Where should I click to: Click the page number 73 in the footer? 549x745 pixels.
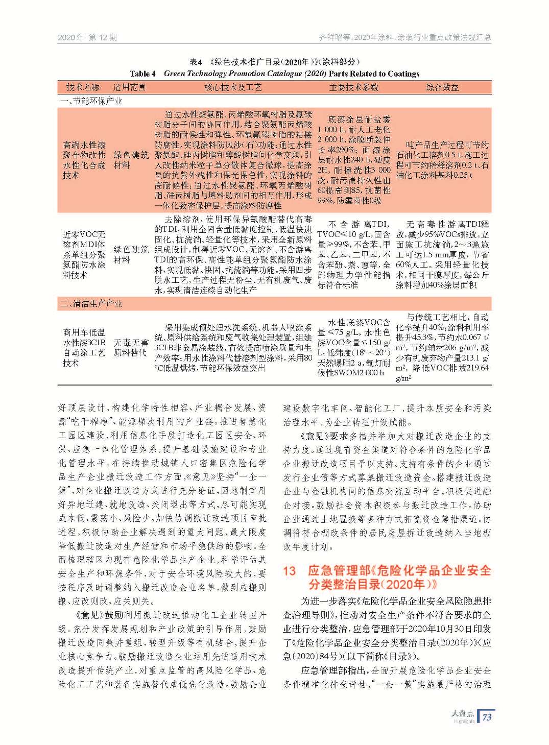[x=487, y=716]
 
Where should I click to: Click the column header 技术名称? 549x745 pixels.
[x=83, y=87]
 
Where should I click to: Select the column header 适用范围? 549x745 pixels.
[x=129, y=87]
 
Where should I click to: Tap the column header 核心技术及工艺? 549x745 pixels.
[x=233, y=87]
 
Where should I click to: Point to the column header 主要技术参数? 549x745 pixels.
[x=353, y=87]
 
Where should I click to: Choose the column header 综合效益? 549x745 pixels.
[x=442, y=87]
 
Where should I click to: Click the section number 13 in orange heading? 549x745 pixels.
[x=290, y=571]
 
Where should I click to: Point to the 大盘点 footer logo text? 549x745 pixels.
[x=463, y=713]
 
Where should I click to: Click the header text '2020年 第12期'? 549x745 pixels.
[x=87, y=37]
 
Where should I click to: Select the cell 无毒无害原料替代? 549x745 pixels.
[x=131, y=348]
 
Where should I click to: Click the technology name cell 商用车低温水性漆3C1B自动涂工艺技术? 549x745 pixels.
[x=84, y=348]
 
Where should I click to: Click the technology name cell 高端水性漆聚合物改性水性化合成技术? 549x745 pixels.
[x=84, y=160]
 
